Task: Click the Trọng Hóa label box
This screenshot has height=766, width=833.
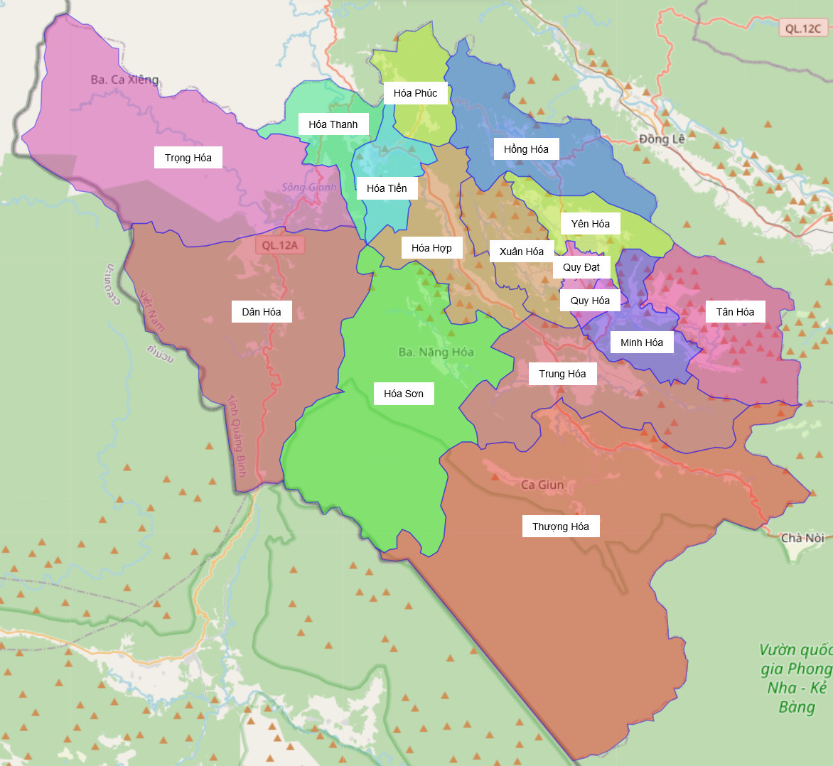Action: [188, 158]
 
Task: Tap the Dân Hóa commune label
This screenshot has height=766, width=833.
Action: [262, 312]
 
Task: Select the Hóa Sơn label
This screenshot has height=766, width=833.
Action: [404, 394]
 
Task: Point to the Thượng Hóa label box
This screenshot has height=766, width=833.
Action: [561, 527]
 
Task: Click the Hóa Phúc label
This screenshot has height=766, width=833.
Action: [416, 93]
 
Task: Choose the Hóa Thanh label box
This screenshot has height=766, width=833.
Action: [333, 124]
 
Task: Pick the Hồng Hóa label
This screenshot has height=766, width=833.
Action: [526, 149]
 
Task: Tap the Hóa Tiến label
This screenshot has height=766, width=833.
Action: [387, 188]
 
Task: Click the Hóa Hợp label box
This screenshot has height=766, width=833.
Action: [431, 248]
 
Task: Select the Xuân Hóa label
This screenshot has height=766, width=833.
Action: [522, 252]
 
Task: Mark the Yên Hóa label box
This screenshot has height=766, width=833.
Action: [591, 224]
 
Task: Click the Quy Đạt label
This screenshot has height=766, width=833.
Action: [581, 267]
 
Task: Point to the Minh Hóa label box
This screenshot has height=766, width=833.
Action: [642, 342]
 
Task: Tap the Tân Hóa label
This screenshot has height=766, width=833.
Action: [735, 312]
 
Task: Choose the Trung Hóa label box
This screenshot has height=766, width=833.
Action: [562, 374]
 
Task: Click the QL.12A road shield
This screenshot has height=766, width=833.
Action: [280, 245]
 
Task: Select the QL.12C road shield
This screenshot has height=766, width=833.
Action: [803, 28]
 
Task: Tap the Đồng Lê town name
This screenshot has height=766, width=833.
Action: [662, 139]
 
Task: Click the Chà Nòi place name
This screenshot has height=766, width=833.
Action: [802, 538]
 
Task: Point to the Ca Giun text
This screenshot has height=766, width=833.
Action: [542, 485]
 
